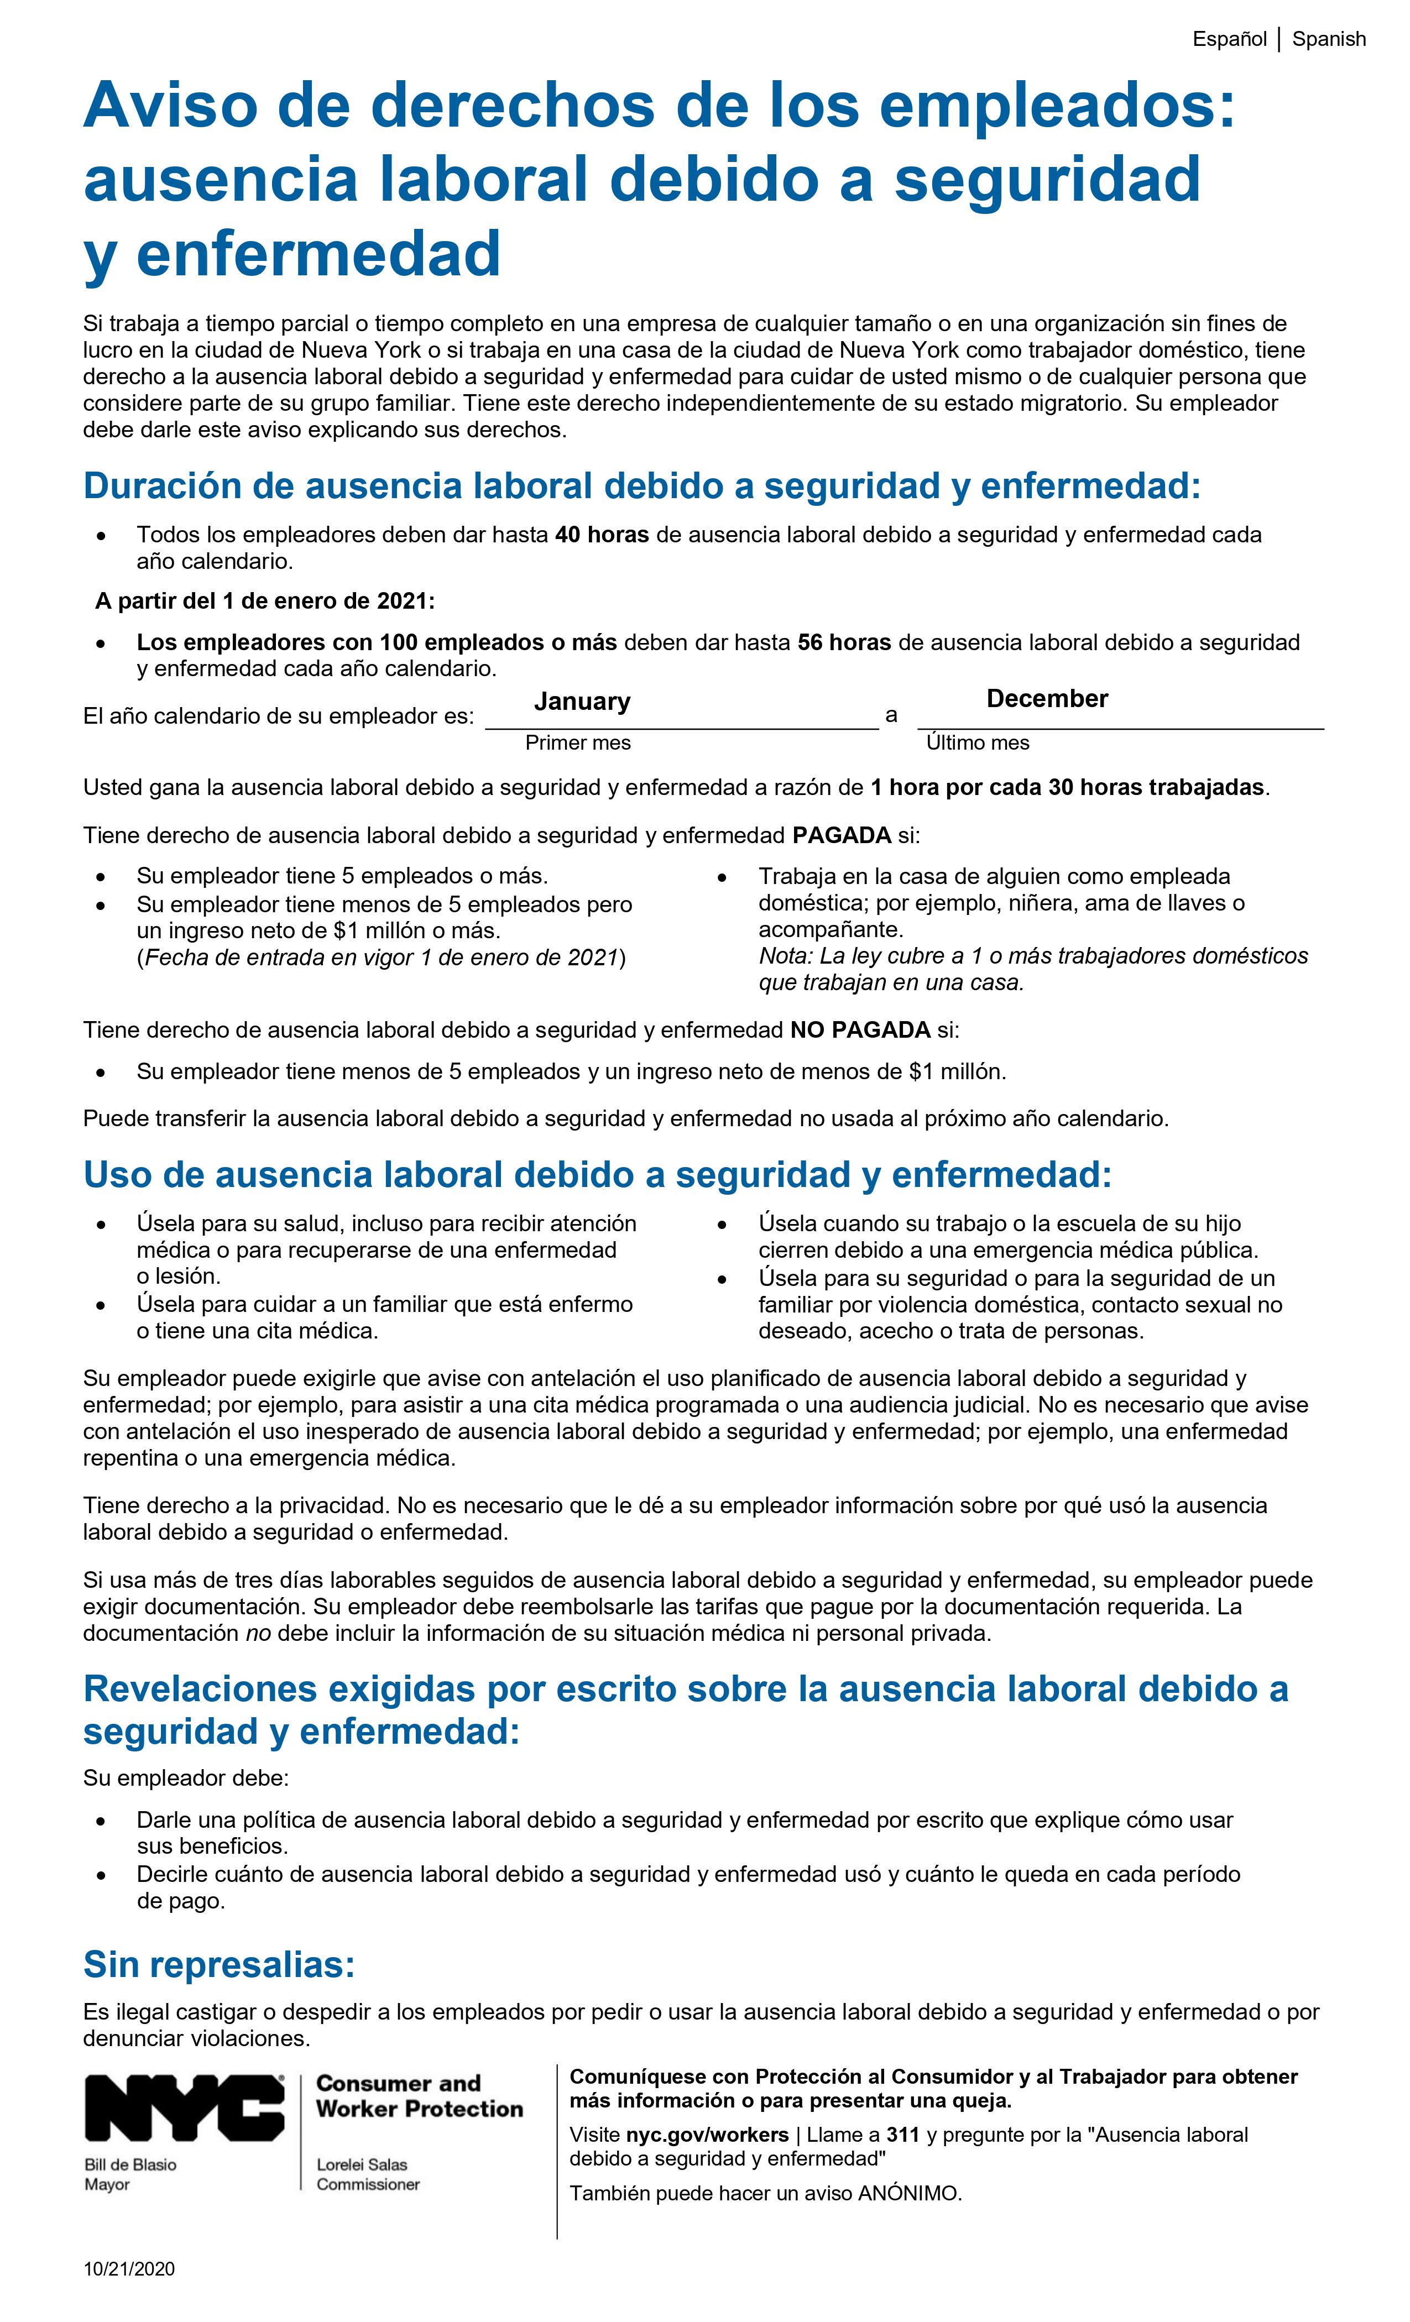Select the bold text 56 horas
coord(844,642)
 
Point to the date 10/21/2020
coord(129,2269)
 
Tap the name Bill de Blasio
coord(130,2164)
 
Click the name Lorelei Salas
coord(362,2164)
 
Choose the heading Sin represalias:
coord(218,1965)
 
